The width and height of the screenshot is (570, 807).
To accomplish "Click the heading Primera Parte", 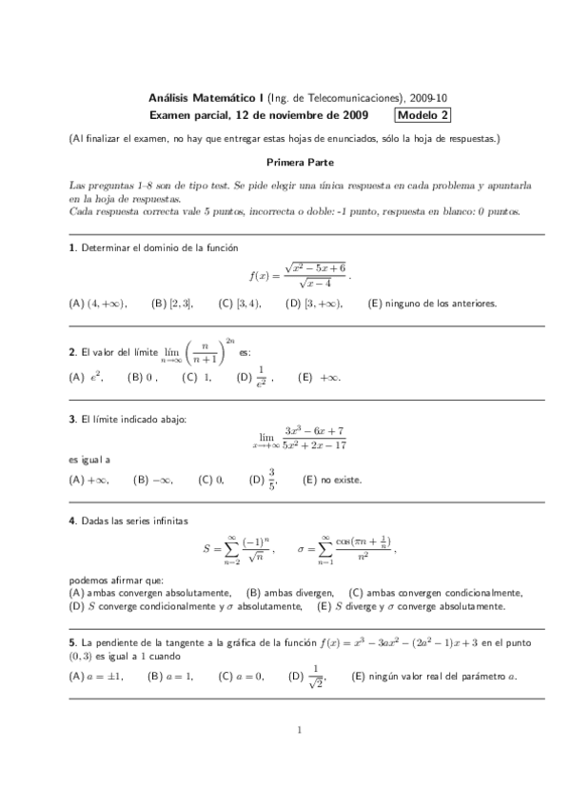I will pos(299,163).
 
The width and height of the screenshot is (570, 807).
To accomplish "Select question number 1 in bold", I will pos(72,248).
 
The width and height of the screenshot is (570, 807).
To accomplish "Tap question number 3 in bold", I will pos(72,418).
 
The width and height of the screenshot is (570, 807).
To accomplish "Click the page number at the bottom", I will pos(299,731).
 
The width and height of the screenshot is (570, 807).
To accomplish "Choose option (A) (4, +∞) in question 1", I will pos(98,304).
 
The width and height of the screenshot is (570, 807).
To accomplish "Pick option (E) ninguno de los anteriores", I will pos(432,304).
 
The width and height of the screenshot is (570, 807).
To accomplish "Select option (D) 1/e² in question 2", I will pos(254,378).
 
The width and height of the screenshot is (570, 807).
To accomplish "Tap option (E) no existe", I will pos(332,480).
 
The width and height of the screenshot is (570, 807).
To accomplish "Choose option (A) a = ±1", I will pos(98,677).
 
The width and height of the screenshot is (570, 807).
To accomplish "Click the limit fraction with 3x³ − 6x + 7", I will pos(300,438).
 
